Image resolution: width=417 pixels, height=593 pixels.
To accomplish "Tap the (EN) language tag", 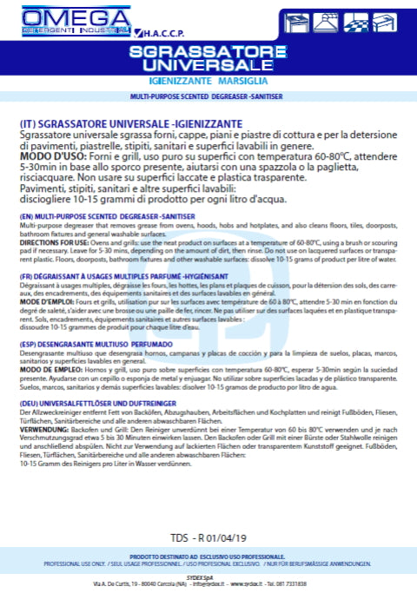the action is coord(26,215).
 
